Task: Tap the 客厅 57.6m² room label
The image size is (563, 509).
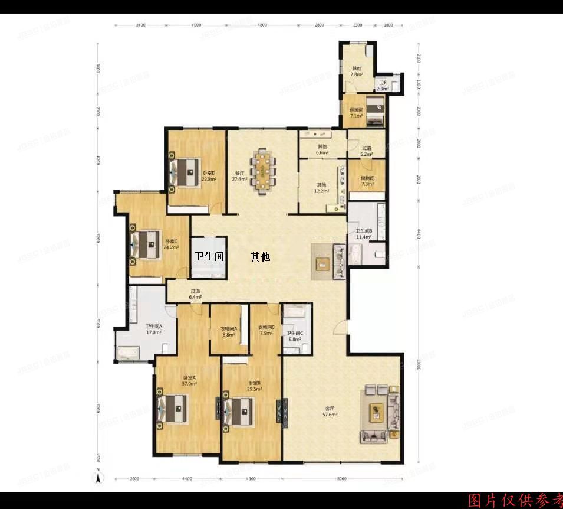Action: (330, 412)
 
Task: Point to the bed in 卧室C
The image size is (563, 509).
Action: (145, 243)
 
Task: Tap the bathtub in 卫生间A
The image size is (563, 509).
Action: (128, 353)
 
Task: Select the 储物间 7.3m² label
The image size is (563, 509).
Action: (367, 181)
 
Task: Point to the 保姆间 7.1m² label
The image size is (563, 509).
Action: (357, 113)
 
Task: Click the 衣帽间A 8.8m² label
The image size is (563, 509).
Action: (229, 331)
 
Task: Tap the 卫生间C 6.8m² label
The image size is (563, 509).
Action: (295, 336)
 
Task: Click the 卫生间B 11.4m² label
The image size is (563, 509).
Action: (363, 234)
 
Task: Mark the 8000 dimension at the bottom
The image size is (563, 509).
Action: (343, 479)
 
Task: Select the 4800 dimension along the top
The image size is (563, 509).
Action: (262, 25)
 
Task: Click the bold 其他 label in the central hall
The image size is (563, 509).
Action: (260, 257)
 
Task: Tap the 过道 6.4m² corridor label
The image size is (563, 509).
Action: (195, 294)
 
